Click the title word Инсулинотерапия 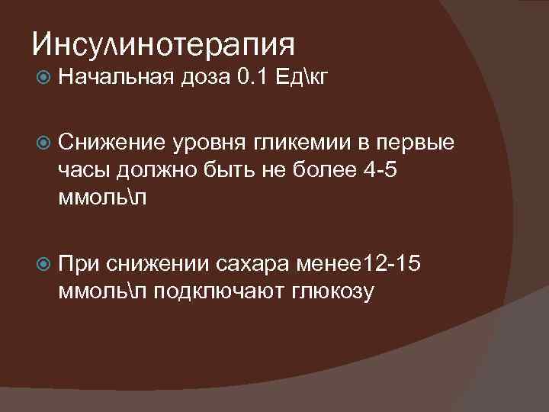pyautogui.click(x=163, y=44)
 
